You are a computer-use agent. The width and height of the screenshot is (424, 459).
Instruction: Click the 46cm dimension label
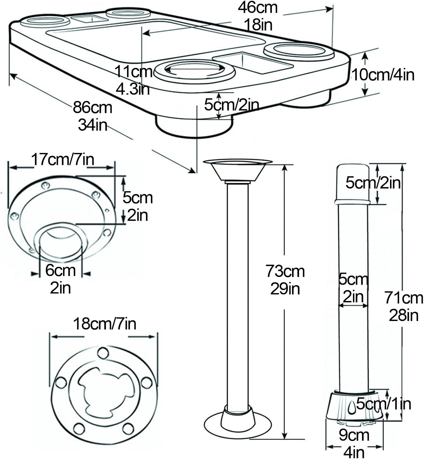point(258,8)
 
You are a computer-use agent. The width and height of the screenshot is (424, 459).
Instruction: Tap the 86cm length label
point(92,108)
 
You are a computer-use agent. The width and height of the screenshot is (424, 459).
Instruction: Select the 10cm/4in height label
point(383,75)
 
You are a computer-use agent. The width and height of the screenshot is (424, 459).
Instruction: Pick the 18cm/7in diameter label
point(105,324)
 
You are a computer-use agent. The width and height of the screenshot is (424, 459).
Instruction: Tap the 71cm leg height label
point(404,298)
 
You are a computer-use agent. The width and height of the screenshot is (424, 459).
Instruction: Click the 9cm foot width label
point(354,435)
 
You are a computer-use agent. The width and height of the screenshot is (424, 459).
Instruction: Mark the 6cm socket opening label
point(60,270)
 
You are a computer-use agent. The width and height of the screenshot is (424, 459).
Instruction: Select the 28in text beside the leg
point(404,315)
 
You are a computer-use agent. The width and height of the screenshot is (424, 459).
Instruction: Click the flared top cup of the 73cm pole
point(238,170)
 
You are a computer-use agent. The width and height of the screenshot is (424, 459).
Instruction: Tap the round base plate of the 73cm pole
point(238,424)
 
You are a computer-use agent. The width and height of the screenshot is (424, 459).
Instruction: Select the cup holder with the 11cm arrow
point(195,70)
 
